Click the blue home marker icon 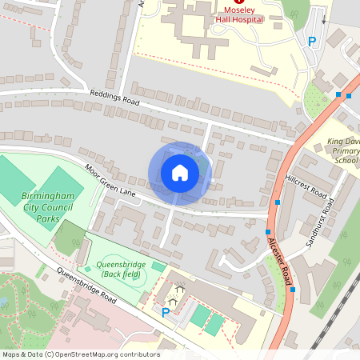[180, 173]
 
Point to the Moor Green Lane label [110, 182]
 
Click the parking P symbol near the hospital [312, 42]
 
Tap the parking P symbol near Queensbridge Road [166, 313]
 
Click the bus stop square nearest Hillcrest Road [278, 202]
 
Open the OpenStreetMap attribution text [80, 354]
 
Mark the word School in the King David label [345, 160]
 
